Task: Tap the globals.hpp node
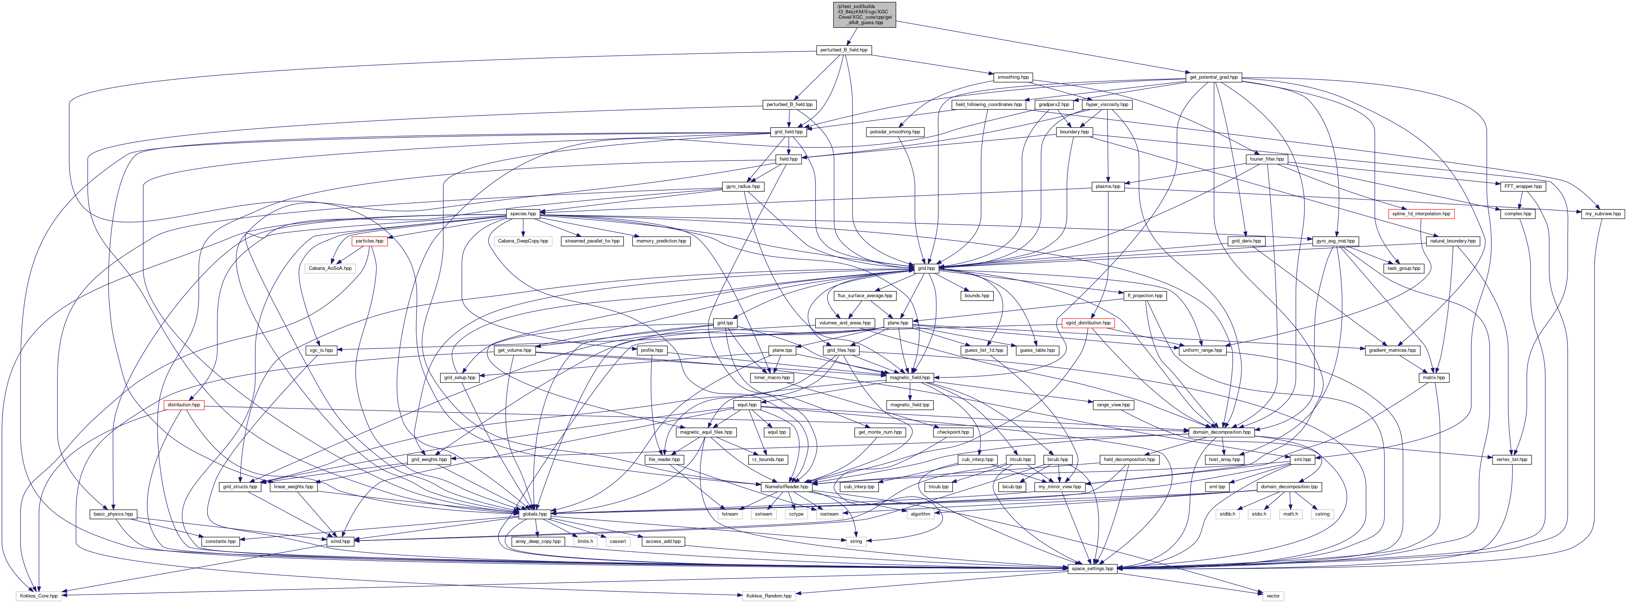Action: click(x=534, y=514)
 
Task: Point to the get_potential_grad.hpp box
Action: click(x=1214, y=77)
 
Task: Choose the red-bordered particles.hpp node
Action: click(x=369, y=241)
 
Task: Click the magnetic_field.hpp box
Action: click(x=909, y=377)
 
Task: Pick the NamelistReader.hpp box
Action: click(x=786, y=487)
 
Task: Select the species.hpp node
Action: click(x=523, y=214)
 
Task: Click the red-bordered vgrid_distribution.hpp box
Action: click(x=1088, y=323)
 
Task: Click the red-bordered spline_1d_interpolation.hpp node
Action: click(x=1421, y=214)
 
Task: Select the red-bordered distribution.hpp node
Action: click(x=183, y=404)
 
